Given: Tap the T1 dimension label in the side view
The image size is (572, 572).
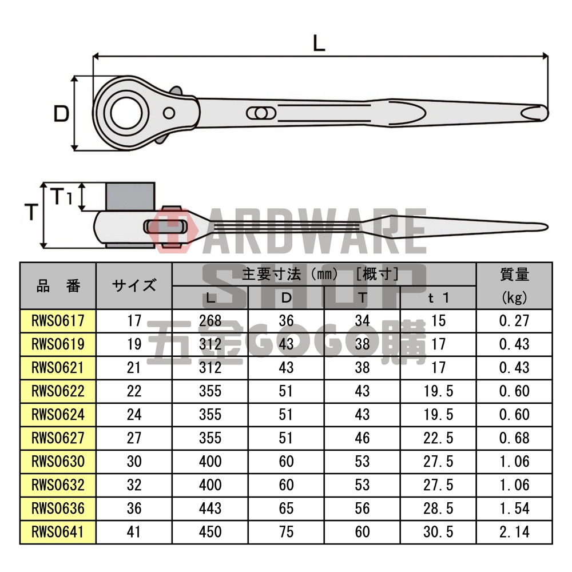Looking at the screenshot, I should coord(62,197).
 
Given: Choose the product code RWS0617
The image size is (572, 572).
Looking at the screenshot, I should coord(58,321).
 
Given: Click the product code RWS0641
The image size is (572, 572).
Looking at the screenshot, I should coord(58,532).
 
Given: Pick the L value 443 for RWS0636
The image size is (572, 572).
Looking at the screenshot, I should coord(210,509).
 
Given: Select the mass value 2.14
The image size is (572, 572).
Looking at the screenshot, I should coord(514,532).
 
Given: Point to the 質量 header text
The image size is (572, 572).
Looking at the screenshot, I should coord(514,275).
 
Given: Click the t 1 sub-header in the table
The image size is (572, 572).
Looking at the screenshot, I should coord(438,297).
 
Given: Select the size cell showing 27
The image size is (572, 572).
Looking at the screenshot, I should coord(134,438).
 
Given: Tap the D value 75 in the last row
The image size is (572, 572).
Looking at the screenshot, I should coord(286,532).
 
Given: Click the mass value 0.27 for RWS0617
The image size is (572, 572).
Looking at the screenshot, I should coord(514,321).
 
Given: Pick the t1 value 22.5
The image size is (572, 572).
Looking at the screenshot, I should coord(438,438).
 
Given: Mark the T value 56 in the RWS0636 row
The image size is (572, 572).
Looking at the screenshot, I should coord(362,509).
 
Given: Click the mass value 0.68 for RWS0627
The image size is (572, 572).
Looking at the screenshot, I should coord(514,438).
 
